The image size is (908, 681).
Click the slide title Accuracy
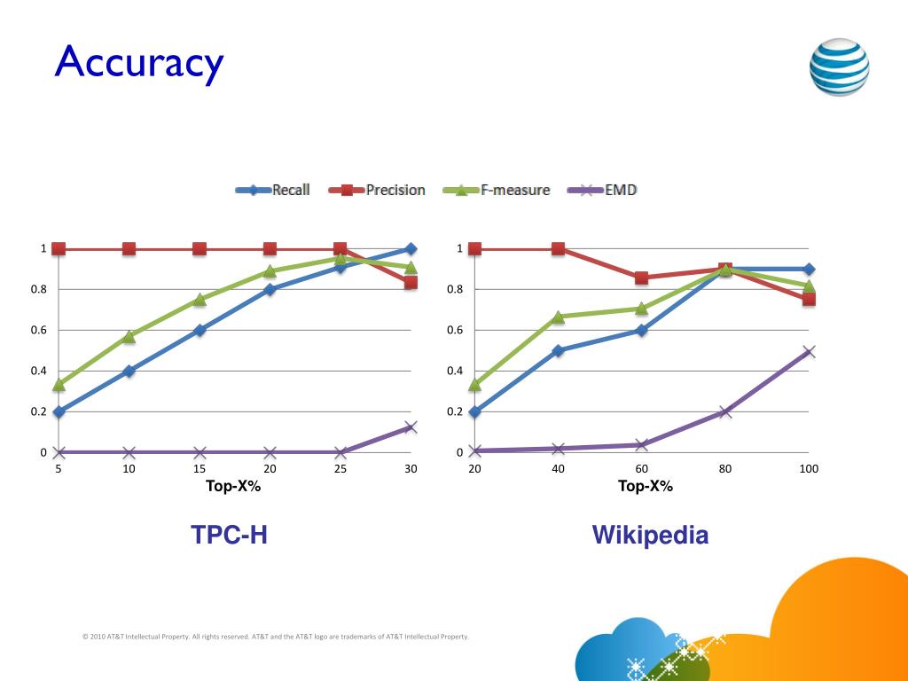pos(138,62)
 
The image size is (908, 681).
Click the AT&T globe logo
pos(839,67)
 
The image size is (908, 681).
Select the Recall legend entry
pos(274,190)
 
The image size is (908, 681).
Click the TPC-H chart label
pos(229,535)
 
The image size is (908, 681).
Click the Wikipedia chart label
pos(650,535)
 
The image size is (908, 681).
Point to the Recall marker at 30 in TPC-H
pos(411,249)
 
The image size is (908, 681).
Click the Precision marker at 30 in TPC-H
pos(411,283)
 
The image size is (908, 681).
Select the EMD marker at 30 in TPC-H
pos(411,427)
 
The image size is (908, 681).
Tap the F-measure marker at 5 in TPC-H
pos(59,385)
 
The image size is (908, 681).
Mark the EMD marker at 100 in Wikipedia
pos(809,351)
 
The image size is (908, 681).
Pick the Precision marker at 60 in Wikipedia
pos(642,278)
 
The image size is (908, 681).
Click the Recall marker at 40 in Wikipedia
pos(558,350)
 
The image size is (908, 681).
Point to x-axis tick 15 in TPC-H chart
pos(200,469)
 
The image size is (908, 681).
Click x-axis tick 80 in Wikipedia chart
pos(725,469)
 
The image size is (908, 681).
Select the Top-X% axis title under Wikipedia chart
pos(646,486)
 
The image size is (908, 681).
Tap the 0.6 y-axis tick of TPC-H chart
pos(40,330)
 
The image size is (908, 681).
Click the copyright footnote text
pos(275,637)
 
